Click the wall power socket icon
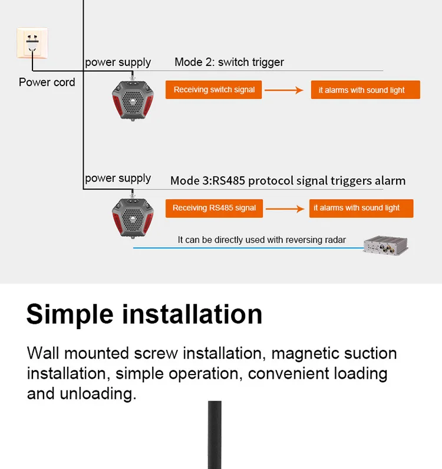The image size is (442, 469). [32, 43]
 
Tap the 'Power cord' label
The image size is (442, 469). [47, 82]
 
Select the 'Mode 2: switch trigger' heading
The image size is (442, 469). [229, 62]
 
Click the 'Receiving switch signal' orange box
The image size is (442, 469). [214, 90]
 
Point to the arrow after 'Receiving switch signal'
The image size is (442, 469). [285, 90]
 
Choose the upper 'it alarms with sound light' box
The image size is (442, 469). [365, 90]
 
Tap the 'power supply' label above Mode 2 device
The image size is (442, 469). [118, 62]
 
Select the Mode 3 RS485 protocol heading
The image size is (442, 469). [288, 181]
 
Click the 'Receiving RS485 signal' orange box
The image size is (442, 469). [214, 208]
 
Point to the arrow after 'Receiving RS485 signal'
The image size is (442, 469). [285, 208]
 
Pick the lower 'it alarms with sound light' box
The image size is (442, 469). [361, 208]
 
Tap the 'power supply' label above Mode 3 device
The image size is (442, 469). [118, 178]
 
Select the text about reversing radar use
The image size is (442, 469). [262, 240]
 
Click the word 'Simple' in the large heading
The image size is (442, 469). [70, 314]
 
